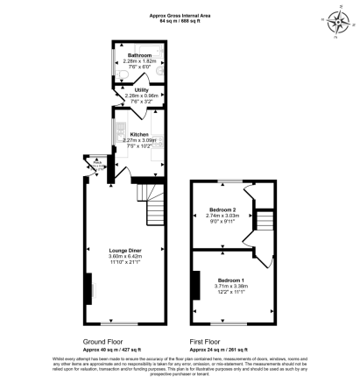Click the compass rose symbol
coord(335,19)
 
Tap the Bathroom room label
coord(129,55)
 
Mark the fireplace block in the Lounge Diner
coord(88,286)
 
